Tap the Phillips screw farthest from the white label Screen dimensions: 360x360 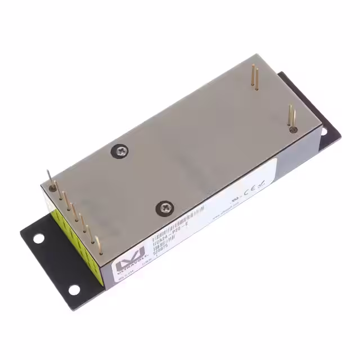point(121,150)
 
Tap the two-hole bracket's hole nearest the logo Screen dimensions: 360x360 point(74,290)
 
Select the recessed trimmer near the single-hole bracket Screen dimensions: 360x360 point(293,129)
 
